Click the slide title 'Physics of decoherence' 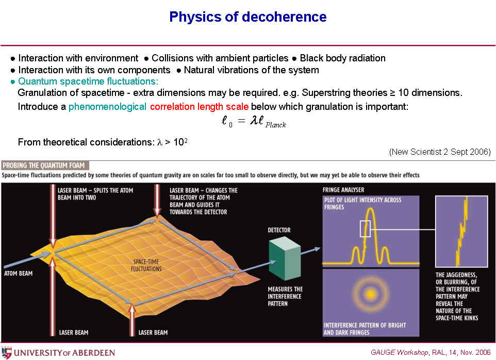[247, 17]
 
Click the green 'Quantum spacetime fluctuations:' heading [88, 81]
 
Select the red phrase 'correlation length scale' [200, 107]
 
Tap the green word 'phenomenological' [107, 107]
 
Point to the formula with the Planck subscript [254, 121]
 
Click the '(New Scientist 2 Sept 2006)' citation [440, 152]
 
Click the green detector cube [285, 259]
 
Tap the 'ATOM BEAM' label [19, 273]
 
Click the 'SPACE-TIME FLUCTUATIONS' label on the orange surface [146, 265]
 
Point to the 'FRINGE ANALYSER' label [343, 190]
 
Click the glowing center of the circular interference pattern [371, 294]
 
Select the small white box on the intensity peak [365, 229]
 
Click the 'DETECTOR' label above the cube [279, 230]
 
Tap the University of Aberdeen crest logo [6, 352]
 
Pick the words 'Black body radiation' [342, 58]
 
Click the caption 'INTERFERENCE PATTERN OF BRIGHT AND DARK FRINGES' [365, 329]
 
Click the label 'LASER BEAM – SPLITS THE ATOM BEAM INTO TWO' [95, 194]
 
